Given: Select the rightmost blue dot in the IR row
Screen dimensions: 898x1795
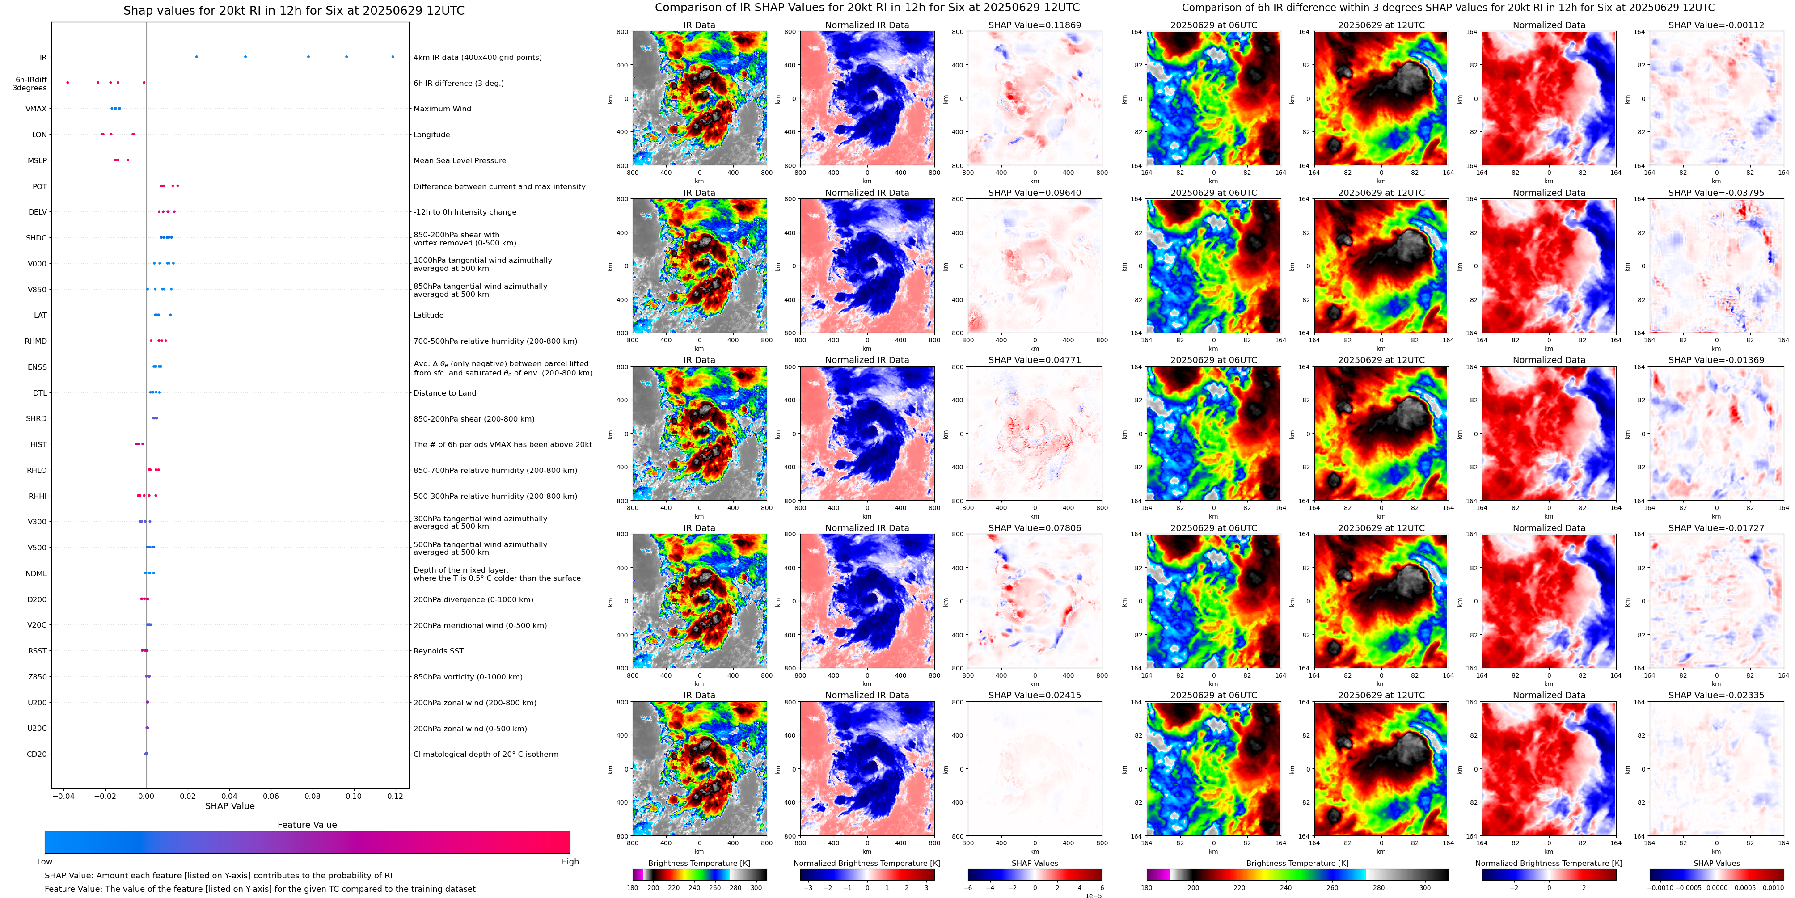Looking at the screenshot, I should (393, 56).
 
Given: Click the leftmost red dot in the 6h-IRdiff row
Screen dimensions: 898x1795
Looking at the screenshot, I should (68, 83).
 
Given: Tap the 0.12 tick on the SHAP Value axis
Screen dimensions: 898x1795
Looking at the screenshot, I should (395, 796).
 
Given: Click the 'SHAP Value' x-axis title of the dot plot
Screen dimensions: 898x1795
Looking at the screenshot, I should (229, 806).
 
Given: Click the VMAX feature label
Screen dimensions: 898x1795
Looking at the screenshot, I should (36, 109).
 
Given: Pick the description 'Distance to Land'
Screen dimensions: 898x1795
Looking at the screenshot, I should (444, 393).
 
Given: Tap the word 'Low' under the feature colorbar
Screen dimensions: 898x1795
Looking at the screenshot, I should (45, 862).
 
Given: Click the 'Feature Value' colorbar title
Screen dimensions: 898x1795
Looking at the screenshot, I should (307, 825).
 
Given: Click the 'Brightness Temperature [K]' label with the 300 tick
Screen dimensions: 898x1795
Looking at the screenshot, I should (699, 863).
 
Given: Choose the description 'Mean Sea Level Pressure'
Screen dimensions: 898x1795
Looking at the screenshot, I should (459, 160).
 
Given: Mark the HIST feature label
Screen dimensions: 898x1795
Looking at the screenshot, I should (38, 444).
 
